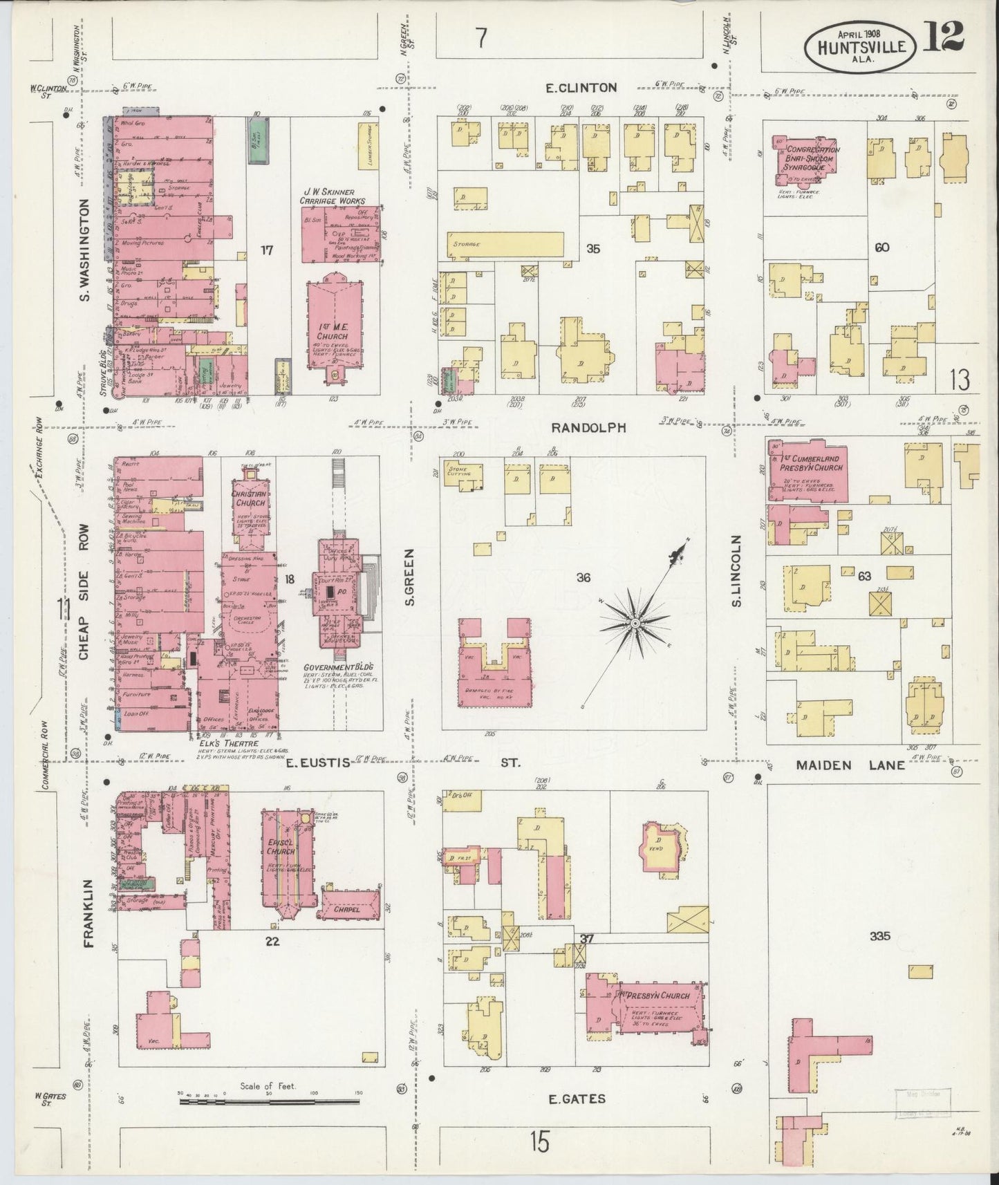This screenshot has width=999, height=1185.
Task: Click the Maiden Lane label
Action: tap(850, 765)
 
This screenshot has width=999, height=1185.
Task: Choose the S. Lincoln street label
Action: tap(737, 572)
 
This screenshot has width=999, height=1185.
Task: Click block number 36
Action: tap(583, 577)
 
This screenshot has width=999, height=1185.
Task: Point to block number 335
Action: tap(880, 936)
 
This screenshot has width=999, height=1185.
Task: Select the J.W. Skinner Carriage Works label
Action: tap(332, 196)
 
